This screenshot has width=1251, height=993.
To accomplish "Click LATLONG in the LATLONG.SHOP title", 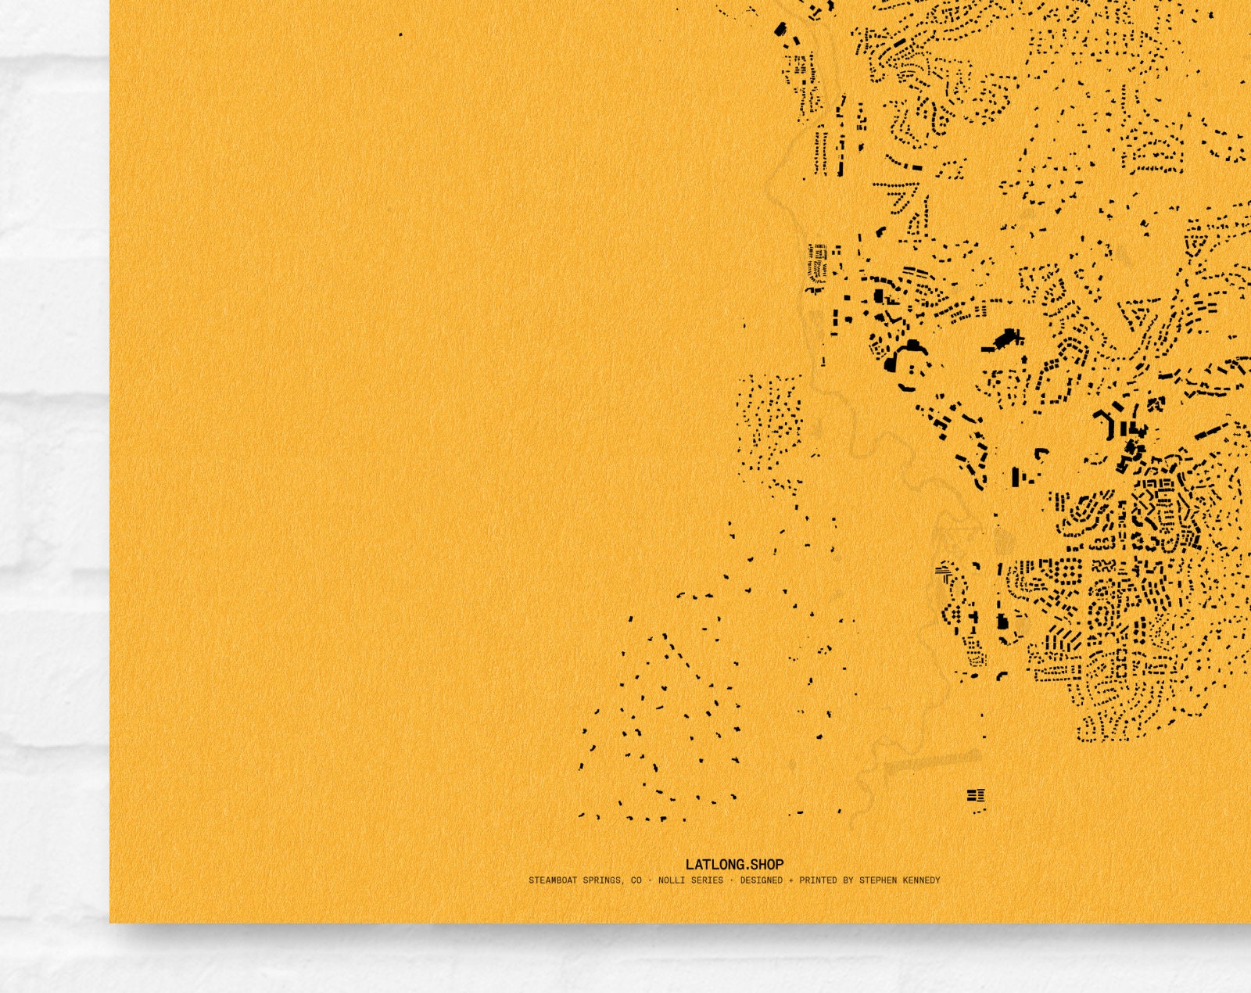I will click(712, 864).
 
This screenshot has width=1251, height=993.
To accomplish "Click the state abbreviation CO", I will click(636, 880).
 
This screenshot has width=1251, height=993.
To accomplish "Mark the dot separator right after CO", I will click(650, 880).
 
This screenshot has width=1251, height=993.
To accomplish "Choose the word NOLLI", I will click(671, 880).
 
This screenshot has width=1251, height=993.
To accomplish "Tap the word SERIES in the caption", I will click(706, 880).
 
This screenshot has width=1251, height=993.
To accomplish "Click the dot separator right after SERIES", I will click(732, 880).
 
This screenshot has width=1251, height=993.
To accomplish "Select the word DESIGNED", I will click(761, 880).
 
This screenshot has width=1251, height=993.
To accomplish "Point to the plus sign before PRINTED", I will click(790, 880).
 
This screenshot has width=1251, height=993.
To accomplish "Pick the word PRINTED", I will click(818, 880).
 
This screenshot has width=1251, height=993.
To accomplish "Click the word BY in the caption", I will click(848, 880).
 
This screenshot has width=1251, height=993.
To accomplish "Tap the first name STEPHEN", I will click(878, 880).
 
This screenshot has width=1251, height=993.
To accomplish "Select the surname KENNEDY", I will click(920, 880).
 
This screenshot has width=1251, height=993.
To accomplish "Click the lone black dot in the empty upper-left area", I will click(401, 34).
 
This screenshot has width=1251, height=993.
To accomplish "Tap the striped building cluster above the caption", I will click(976, 796).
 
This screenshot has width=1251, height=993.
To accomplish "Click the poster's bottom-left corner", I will click(110, 922).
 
